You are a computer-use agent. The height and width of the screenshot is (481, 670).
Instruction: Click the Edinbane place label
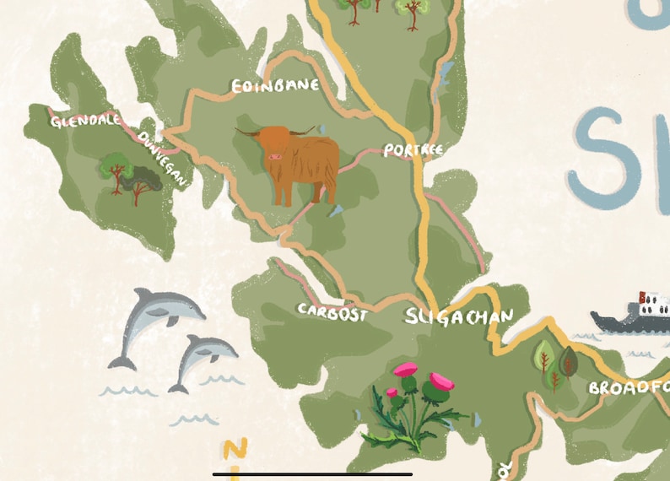pyautogui.click(x=275, y=86)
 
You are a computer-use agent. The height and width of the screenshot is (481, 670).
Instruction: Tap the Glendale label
pyautogui.click(x=85, y=122)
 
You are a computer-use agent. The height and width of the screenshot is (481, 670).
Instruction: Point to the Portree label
pyautogui.click(x=413, y=150)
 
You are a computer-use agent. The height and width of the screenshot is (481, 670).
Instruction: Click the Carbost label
pyautogui.click(x=332, y=311)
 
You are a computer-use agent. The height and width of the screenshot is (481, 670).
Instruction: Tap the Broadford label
pyautogui.click(x=628, y=387)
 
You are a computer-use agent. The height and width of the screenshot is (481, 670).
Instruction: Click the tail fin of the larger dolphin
pyautogui.click(x=122, y=362)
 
